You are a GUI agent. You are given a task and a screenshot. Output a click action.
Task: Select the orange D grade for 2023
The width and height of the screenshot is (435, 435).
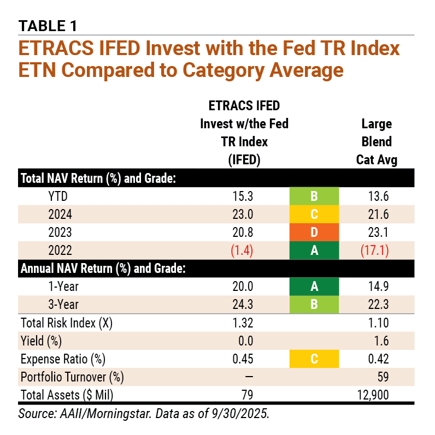pos(314,233)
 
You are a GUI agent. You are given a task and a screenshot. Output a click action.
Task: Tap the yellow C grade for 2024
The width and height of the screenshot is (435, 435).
pos(314,214)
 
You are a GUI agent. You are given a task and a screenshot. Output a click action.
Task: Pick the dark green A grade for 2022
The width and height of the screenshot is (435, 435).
pos(314,251)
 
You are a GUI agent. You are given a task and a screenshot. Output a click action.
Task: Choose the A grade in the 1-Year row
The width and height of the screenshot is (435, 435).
pos(314,287)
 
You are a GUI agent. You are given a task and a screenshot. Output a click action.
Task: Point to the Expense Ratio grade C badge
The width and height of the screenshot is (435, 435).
pos(314,359)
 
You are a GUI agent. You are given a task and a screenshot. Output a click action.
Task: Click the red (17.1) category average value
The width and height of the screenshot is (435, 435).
pos(377,251)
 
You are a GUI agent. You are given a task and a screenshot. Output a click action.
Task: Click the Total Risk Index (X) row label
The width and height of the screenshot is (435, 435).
pos(66,323)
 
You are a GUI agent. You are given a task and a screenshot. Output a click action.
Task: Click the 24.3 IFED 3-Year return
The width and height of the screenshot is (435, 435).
pos(242,305)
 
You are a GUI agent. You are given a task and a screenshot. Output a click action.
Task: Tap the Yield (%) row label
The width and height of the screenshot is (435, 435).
pos(41,341)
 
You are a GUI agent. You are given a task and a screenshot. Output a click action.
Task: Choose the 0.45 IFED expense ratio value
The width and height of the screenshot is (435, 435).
pos(242,359)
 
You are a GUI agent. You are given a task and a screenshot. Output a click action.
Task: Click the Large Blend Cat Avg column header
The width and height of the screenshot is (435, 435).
pos(377,141)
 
